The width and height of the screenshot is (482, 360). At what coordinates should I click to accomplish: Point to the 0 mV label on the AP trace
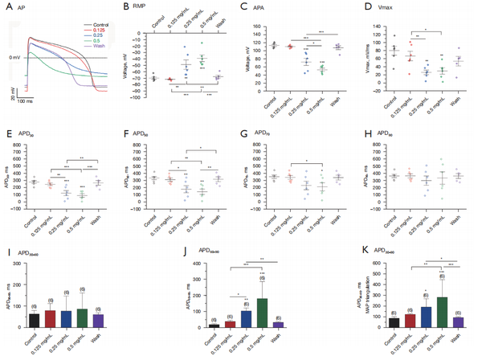point(14,59)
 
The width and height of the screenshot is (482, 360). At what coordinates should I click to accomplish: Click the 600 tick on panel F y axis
point(143,147)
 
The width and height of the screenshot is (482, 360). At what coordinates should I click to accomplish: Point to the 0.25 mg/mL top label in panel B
point(186,21)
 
